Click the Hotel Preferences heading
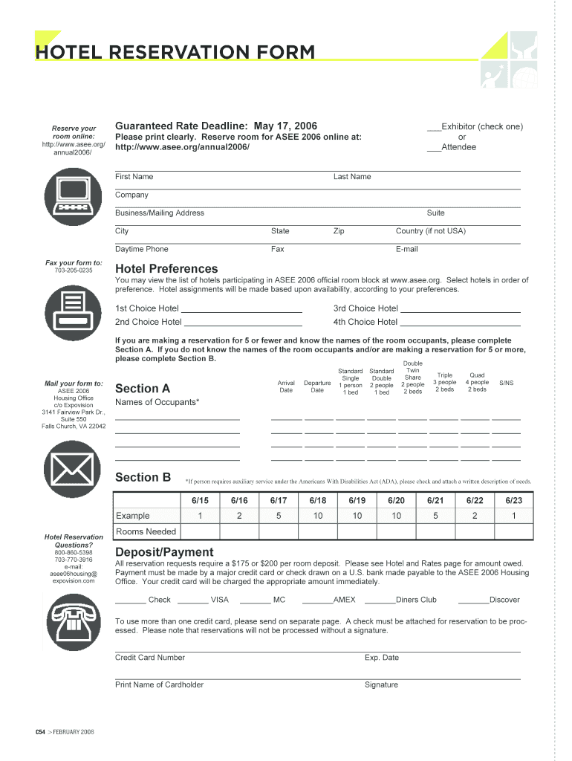point(166,268)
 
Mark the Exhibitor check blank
point(434,127)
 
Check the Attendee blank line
point(434,147)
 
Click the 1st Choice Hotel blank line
point(241,309)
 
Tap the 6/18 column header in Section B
point(318,501)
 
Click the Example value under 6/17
point(279,516)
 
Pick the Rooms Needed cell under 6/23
point(514,531)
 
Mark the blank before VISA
point(193,600)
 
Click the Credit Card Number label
point(150,657)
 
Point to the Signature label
point(381,684)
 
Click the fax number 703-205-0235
point(74,271)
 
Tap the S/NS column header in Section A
point(506,383)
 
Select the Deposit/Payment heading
point(164,551)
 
